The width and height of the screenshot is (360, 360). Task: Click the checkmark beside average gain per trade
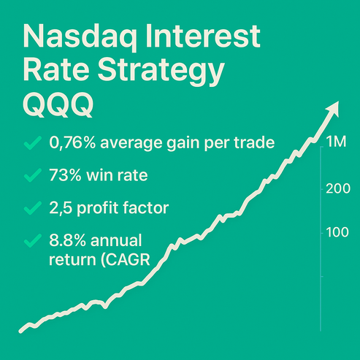pyautogui.click(x=32, y=143)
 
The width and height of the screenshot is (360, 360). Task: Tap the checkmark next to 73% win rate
pyautogui.click(x=32, y=175)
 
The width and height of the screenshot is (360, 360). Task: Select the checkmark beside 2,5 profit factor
pyautogui.click(x=32, y=208)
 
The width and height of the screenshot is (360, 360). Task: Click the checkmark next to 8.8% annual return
pyautogui.click(x=32, y=240)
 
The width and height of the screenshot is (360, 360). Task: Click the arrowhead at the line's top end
pyautogui.click(x=334, y=108)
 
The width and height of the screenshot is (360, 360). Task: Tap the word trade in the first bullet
pyautogui.click(x=256, y=143)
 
